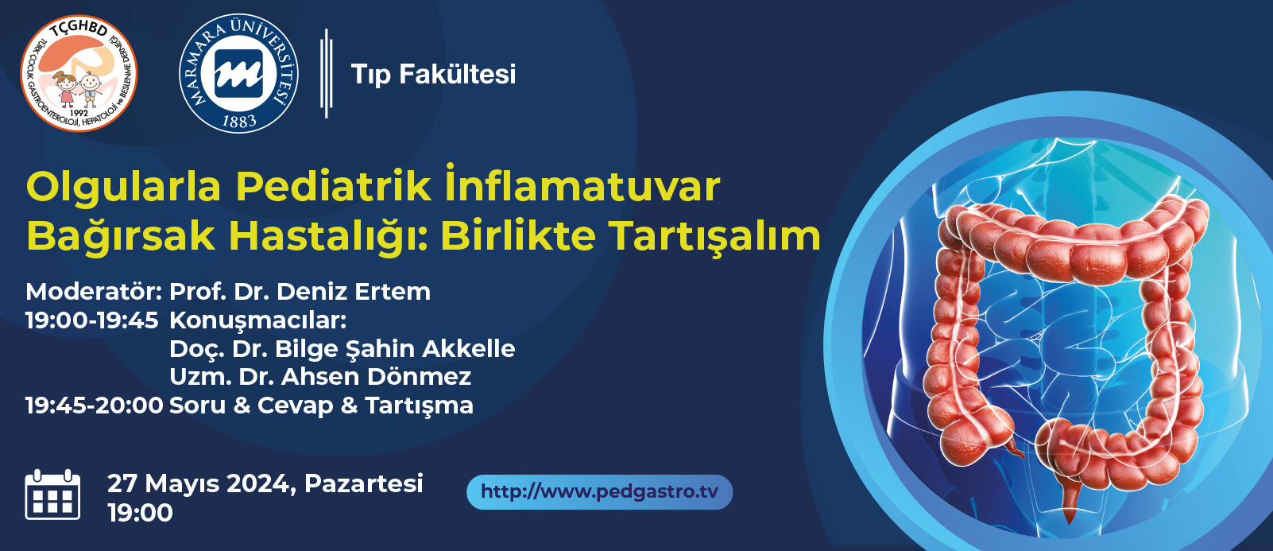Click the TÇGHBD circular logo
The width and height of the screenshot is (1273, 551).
(x=79, y=73)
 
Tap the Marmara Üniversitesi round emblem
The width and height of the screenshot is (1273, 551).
(x=238, y=73)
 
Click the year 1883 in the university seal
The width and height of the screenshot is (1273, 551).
(x=238, y=121)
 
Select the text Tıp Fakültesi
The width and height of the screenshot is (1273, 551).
(x=434, y=75)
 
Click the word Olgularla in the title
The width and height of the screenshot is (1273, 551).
(x=123, y=188)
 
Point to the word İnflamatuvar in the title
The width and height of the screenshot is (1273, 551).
(x=583, y=184)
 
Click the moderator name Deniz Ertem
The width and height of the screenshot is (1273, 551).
(x=354, y=292)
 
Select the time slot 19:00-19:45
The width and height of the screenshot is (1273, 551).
(x=91, y=320)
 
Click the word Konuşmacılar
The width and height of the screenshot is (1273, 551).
(x=258, y=321)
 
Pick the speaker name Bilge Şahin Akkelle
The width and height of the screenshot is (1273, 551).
(x=395, y=349)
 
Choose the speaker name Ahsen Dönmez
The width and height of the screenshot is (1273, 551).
(x=376, y=377)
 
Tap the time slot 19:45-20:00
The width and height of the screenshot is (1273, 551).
(x=95, y=406)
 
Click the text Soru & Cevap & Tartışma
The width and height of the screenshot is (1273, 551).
(x=321, y=406)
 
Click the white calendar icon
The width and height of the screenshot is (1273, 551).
(x=53, y=495)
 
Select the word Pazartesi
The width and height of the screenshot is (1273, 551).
(x=364, y=483)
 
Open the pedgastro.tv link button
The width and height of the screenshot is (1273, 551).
(x=600, y=492)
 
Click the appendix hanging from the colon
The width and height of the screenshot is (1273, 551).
(x=1016, y=447)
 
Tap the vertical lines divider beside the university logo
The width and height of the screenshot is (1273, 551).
(x=327, y=73)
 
